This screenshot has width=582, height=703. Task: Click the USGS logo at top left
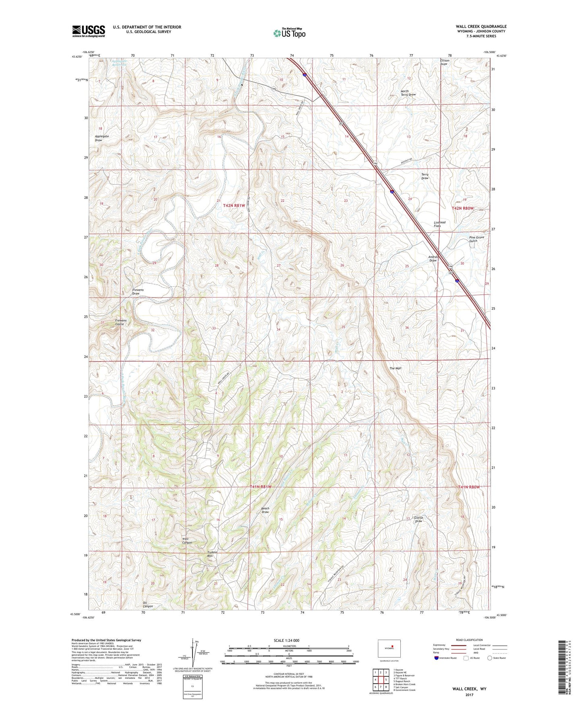(89, 31)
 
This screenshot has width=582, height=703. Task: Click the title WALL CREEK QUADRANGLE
(476, 27)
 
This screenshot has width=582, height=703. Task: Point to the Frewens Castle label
(120, 322)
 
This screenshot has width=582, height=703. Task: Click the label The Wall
(395, 368)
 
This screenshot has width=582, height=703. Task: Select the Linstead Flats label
(439, 224)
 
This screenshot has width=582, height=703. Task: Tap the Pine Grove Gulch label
(476, 239)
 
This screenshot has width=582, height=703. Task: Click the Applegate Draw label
(101, 138)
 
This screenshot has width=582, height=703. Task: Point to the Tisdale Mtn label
(212, 554)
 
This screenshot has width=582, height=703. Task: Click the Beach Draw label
(265, 510)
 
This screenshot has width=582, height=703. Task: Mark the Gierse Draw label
(418, 519)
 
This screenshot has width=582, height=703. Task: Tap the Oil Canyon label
(148, 604)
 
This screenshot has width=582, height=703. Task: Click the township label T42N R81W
(234, 205)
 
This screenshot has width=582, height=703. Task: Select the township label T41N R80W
(469, 487)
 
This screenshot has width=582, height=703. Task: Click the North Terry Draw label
(408, 93)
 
